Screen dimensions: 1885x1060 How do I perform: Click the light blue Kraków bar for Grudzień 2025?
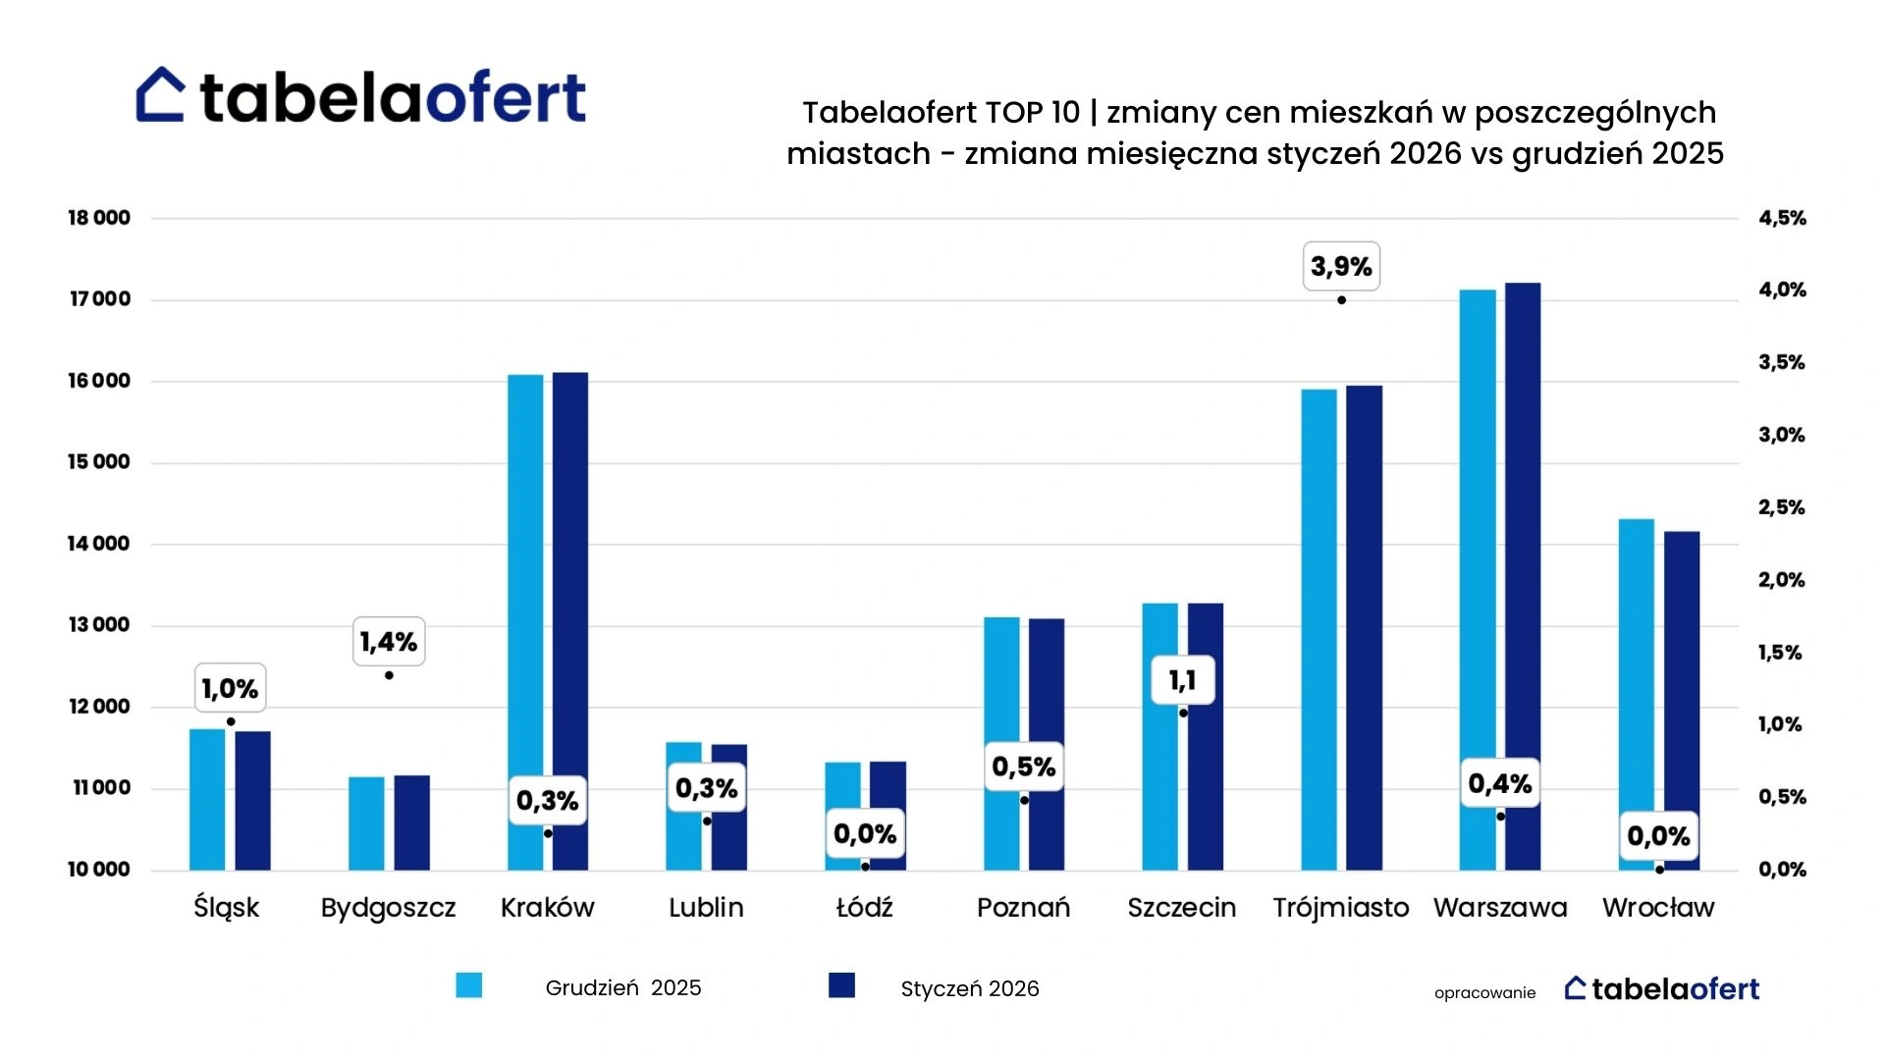pos(525,622)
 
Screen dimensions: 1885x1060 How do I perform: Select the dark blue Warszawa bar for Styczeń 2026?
pos(1523,576)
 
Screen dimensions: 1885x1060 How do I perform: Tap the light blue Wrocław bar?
pos(1637,695)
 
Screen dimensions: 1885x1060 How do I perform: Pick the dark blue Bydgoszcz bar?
pos(412,822)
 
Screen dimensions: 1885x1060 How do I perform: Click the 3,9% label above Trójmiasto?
pos(1341,266)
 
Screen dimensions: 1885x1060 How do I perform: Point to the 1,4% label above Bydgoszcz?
pos(389,642)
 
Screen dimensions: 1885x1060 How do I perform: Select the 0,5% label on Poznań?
pos(1024,767)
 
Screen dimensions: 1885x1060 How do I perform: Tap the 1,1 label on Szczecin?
pos(1182,680)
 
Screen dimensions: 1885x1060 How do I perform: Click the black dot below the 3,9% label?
pos(1341,300)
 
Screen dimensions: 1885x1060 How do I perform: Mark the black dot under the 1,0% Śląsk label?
pos(231,722)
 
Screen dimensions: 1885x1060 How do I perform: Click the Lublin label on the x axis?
pos(706,908)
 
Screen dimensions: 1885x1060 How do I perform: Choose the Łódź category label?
pos(864,907)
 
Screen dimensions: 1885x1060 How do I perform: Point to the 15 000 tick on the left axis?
pos(98,462)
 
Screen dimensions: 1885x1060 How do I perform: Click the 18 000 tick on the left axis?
pos(98,218)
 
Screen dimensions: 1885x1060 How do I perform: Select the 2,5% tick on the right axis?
pos(1782,507)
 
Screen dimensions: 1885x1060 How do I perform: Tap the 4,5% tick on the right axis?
pos(1782,218)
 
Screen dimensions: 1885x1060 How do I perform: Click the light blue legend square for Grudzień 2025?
pos(469,985)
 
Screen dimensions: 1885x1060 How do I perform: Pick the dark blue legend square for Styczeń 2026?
pos(841,985)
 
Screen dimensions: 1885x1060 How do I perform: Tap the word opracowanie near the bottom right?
pos(1484,993)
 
